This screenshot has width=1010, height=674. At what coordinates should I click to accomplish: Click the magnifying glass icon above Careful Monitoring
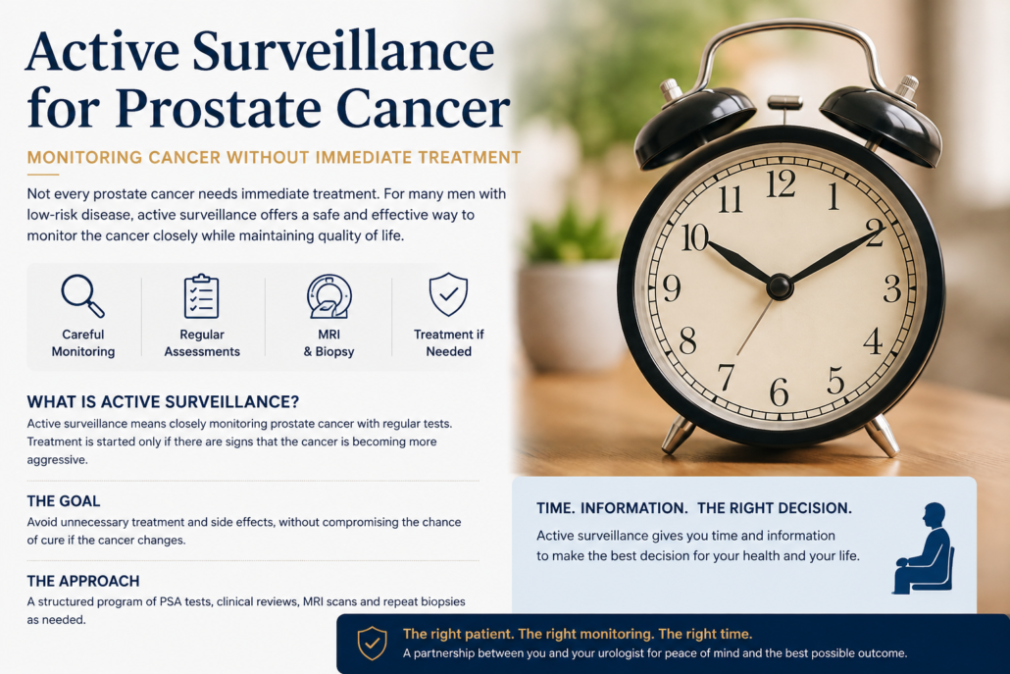[x=82, y=295]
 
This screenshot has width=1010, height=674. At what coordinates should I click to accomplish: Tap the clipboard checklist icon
[x=202, y=296]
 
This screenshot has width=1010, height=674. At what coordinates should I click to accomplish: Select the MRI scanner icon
[x=329, y=296]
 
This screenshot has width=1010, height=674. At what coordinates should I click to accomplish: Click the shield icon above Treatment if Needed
[x=448, y=294]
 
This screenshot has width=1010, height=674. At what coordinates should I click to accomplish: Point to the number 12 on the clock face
[x=781, y=183]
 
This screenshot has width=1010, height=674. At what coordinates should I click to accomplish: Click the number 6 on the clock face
[x=779, y=391]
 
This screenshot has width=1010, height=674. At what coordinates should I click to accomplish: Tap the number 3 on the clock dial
[x=892, y=288]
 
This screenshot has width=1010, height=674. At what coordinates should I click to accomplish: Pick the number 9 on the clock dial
[x=671, y=288]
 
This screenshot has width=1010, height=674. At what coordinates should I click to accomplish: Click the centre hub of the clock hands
[x=780, y=286]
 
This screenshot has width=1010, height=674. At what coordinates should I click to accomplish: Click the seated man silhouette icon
[x=923, y=548]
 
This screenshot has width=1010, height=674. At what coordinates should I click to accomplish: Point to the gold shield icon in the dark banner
[x=373, y=643]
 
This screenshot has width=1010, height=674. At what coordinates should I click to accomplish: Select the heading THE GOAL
[x=63, y=501]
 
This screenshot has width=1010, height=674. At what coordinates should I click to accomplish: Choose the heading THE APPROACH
[x=83, y=581]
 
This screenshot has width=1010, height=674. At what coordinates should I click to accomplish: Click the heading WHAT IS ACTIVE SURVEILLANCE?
[x=163, y=402]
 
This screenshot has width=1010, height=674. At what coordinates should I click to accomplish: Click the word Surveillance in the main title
[x=343, y=52]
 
